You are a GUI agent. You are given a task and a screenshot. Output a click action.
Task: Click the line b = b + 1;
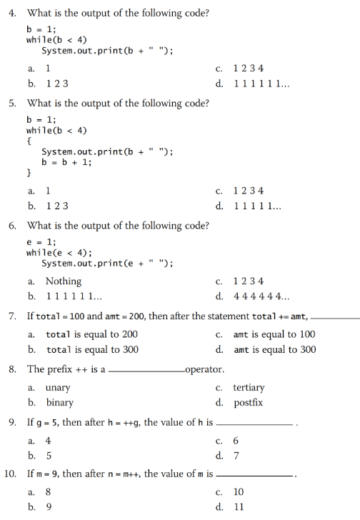[66, 161]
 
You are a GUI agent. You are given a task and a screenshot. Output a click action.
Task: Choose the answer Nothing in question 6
[63, 281]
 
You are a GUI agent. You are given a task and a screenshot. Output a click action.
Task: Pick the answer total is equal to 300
[92, 349]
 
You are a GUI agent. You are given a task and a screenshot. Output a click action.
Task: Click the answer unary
[58, 387]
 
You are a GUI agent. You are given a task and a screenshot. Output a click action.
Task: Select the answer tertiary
[249, 387]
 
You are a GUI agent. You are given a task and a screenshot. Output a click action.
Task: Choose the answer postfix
[248, 403]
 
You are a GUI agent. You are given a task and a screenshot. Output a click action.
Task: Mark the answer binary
[59, 403]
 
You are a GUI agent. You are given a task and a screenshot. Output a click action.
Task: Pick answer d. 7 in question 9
[236, 456]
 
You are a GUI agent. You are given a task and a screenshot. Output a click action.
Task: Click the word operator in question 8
[204, 369]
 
